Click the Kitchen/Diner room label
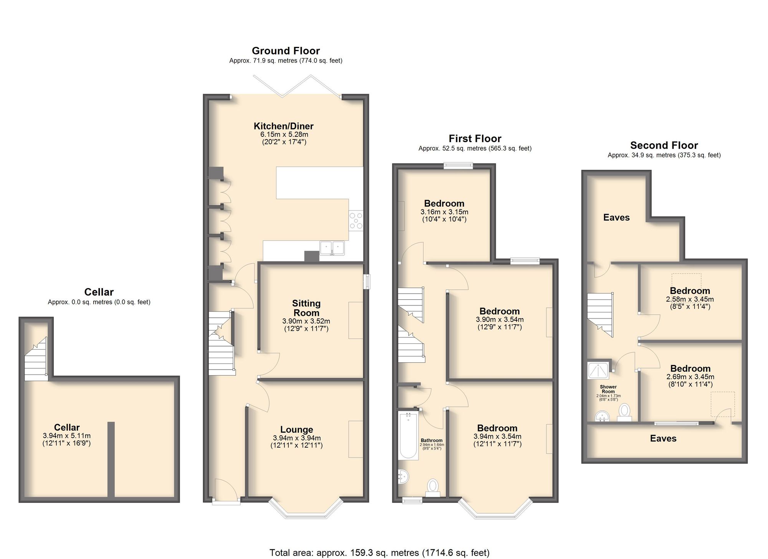coord(284,126)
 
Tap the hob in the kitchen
coord(356,221)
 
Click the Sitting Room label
coord(306,308)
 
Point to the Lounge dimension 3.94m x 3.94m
coord(297,438)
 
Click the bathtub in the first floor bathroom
coord(409,436)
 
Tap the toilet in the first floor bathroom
coord(433,488)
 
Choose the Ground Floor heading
coord(286,51)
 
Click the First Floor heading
coord(475,138)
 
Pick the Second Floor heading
coord(664,145)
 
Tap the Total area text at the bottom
coord(379,552)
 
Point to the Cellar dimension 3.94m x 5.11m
coord(67,436)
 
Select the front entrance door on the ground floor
coord(226,490)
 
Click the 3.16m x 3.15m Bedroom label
coord(444,204)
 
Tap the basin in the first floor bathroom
coord(404,477)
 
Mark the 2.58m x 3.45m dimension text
coord(690,299)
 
